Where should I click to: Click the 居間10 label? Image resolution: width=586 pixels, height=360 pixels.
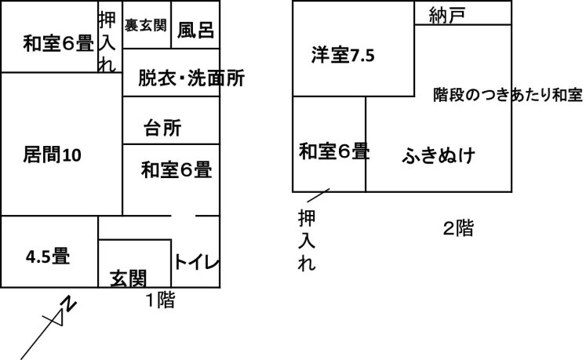tap(52, 155)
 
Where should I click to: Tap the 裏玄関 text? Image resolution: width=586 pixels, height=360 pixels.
tap(145, 25)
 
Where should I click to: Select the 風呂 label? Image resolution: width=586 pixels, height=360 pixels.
tap(195, 31)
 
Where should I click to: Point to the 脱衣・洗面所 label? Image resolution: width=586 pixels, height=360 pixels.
tap(191, 78)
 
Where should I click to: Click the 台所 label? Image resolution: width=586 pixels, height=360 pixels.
tap(162, 128)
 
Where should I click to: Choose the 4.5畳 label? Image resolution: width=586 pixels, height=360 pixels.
tap(48, 256)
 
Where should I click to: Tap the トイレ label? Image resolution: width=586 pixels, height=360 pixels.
tap(196, 262)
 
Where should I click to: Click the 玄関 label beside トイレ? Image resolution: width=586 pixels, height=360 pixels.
tap(128, 279)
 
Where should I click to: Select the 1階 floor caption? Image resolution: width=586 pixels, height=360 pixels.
tap(160, 300)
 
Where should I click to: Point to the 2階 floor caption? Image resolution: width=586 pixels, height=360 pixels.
tap(458, 228)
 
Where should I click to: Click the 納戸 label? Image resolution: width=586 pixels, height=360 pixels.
tap(447, 16)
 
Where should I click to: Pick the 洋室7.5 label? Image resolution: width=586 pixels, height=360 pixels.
tap(343, 56)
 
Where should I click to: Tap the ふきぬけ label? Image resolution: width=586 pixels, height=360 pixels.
tap(439, 155)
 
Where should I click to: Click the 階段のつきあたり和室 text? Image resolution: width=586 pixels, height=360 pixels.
tap(508, 95)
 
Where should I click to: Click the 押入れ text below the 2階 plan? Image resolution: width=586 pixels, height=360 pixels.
tap(307, 240)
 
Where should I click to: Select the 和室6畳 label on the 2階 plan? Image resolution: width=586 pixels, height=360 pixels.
tap(334, 151)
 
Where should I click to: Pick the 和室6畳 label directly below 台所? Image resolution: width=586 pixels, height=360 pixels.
tap(177, 169)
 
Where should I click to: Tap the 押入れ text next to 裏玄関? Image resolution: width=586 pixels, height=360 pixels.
tap(107, 41)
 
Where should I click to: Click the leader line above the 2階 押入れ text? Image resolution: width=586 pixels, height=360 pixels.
tap(318, 195)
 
